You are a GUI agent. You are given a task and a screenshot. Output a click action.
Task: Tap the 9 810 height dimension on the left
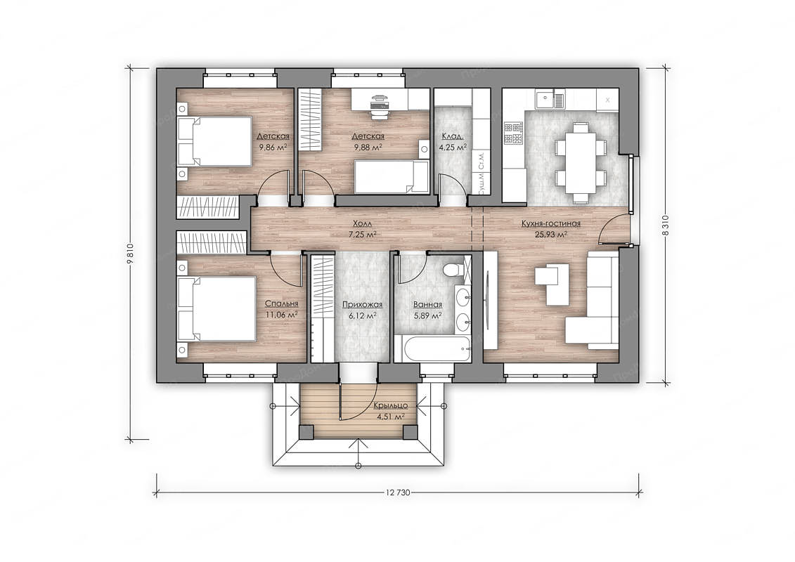[130, 254]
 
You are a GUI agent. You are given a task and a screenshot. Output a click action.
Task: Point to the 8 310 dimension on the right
[666, 226]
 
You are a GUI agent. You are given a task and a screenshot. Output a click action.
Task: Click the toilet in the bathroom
[451, 270]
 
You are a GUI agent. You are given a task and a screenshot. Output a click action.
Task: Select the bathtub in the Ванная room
[432, 348]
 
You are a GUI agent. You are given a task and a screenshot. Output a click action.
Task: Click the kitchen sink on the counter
[550, 99]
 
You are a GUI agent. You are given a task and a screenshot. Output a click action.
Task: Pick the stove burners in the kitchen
[513, 133]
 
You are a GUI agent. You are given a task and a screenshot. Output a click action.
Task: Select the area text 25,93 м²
[550, 235]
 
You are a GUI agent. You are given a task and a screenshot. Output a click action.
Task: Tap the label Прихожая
[362, 305]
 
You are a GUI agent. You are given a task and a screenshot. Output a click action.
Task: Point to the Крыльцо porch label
[390, 405]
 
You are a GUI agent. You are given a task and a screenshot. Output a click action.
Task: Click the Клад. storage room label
[453, 136]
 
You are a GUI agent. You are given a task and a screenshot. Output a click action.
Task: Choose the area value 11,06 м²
[281, 314]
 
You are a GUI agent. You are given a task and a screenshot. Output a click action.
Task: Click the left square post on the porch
[306, 432]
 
